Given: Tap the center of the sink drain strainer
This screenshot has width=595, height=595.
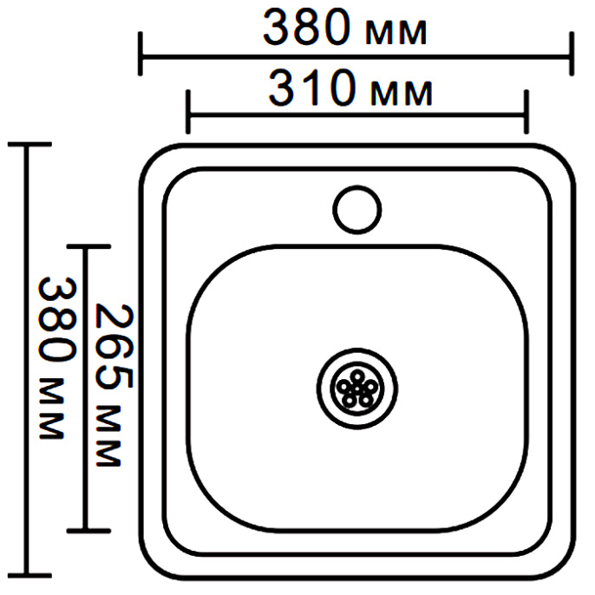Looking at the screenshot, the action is click(357, 389).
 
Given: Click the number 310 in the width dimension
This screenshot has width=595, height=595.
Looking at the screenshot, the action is click(312, 88).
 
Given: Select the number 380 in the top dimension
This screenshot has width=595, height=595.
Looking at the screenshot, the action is click(307, 28).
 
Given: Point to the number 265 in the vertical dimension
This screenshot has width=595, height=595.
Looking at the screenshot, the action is click(114, 346).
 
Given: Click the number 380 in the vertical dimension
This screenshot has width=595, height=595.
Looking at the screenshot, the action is click(57, 319).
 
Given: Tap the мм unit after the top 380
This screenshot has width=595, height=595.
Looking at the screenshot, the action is click(396, 33).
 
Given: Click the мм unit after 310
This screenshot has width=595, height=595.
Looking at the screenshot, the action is click(402, 94).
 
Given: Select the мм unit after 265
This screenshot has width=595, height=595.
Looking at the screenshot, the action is click(108, 435).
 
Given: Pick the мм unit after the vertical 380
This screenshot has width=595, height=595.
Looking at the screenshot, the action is click(51, 409).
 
